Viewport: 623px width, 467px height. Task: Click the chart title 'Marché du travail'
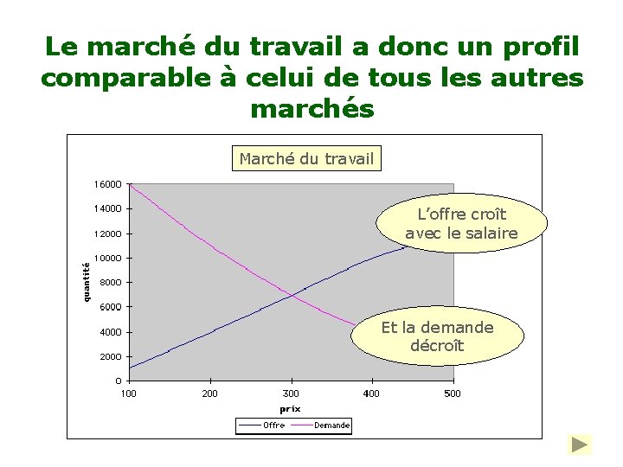click(306, 158)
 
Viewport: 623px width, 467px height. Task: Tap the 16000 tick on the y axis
click(108, 184)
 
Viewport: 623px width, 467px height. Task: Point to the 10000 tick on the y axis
click(108, 258)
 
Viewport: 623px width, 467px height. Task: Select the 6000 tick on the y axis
click(111, 307)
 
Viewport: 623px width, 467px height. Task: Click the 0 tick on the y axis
click(118, 381)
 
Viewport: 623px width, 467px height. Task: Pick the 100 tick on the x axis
click(128, 394)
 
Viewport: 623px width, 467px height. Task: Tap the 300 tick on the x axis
click(291, 394)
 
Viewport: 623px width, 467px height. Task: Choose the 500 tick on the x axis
click(452, 394)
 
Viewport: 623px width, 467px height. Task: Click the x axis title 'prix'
click(290, 409)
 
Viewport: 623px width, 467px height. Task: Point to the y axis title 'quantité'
click(87, 282)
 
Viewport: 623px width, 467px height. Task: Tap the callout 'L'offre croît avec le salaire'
click(461, 224)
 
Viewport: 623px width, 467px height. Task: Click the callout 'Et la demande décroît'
click(437, 336)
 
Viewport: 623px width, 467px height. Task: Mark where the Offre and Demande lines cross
click(292, 296)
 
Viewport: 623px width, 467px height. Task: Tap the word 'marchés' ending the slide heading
click(311, 110)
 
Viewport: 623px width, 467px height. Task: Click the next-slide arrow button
click(579, 445)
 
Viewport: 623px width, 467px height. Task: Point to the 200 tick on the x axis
click(209, 394)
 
